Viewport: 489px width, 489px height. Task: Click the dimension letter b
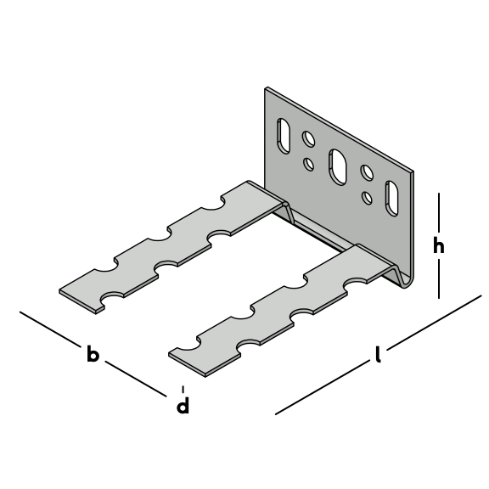click(93, 353)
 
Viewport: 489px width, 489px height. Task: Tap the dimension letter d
click(183, 405)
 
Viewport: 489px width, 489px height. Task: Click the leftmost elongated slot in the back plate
click(284, 136)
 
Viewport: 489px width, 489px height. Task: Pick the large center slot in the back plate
click(338, 167)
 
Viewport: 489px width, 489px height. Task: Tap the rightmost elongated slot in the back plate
click(392, 198)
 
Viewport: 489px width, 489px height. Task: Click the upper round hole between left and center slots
click(308, 138)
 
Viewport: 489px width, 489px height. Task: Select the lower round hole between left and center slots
click(309, 164)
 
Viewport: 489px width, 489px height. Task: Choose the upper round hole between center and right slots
click(367, 172)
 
